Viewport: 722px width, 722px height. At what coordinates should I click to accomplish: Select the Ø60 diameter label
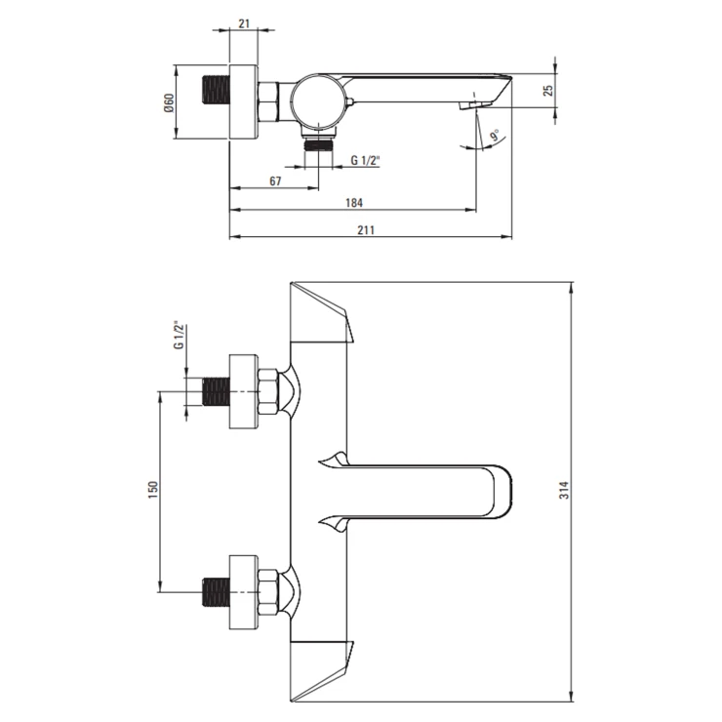tap(169, 102)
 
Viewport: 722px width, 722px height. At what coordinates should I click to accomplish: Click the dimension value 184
tap(353, 203)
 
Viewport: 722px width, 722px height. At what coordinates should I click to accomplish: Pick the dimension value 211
tap(367, 229)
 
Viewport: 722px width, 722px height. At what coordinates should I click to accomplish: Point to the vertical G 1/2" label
tap(178, 335)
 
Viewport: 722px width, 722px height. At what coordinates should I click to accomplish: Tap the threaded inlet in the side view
tap(215, 101)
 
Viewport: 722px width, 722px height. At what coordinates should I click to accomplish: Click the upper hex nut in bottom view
tap(268, 393)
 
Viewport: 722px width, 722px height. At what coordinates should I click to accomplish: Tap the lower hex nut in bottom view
tap(268, 592)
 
